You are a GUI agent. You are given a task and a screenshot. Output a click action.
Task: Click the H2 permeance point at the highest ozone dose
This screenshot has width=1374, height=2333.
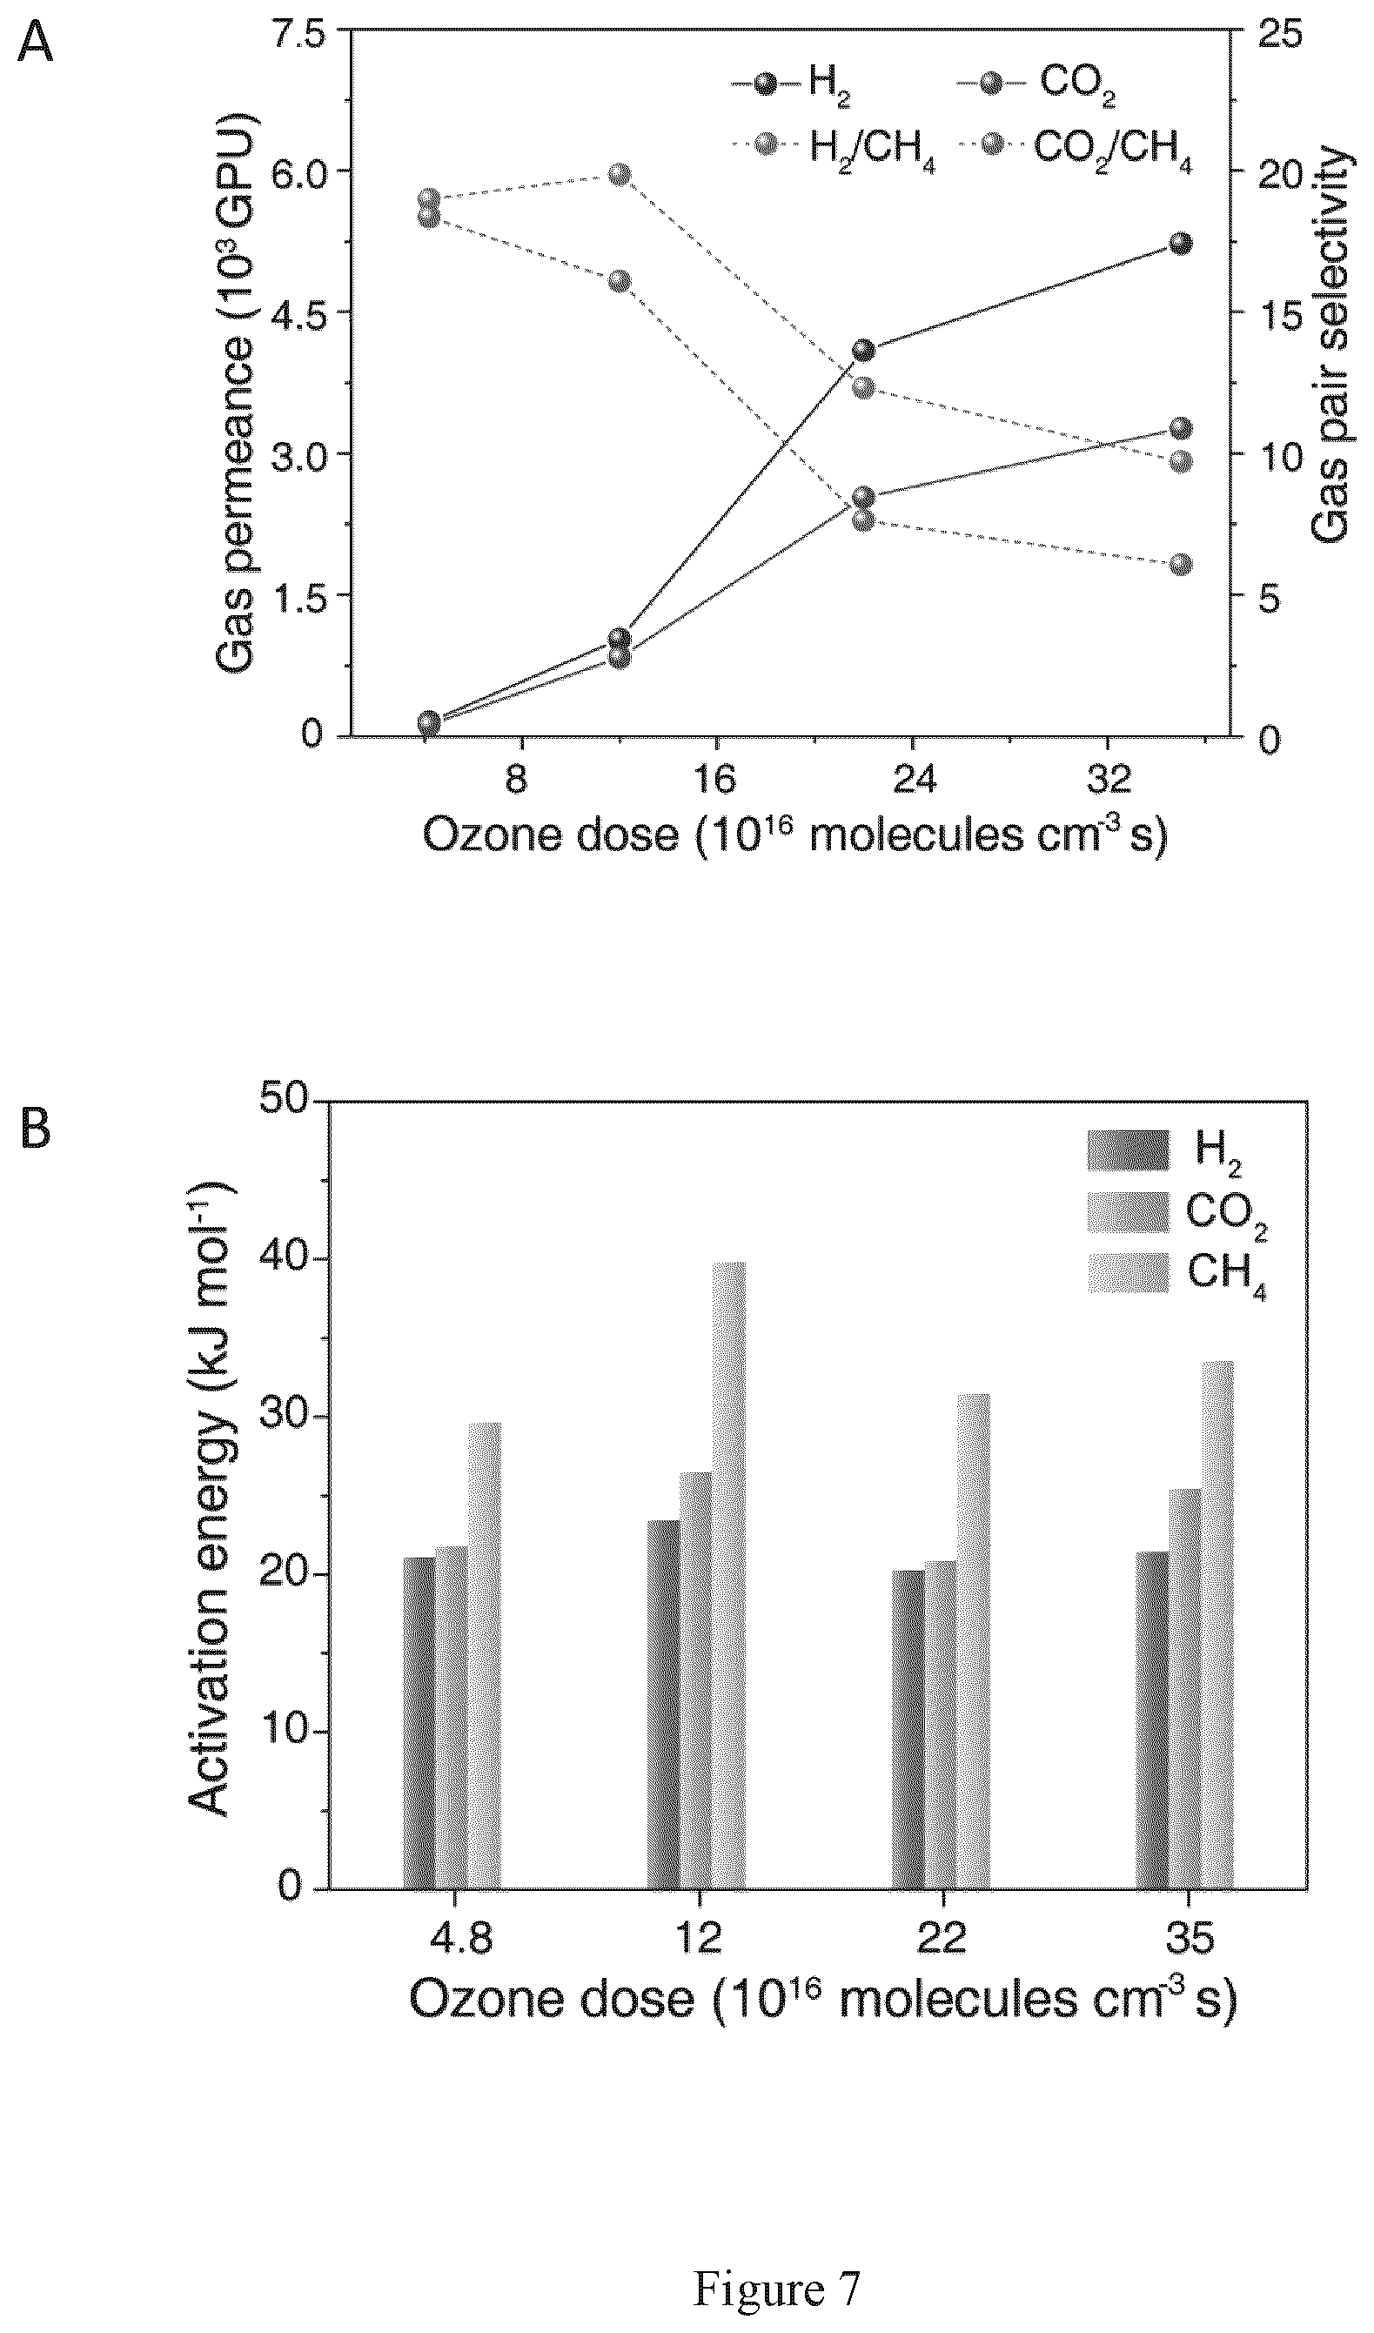(x=1181, y=244)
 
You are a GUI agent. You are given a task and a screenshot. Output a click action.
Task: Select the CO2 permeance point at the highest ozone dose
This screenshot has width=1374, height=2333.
(x=1181, y=429)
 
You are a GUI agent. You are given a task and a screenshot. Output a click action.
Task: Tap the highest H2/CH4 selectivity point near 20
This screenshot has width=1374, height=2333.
(x=620, y=175)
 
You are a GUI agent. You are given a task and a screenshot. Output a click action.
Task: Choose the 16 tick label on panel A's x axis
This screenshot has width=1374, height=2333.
(x=715, y=780)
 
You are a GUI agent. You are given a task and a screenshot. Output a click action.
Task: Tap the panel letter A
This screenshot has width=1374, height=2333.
(x=35, y=44)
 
